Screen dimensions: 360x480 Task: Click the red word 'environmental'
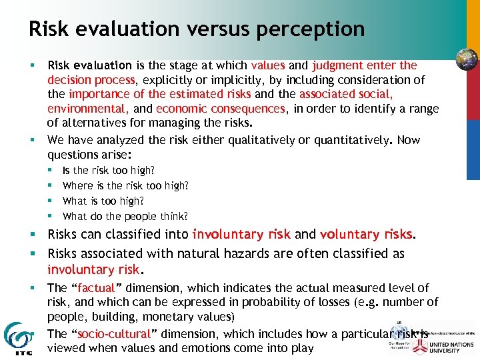pos(88,109)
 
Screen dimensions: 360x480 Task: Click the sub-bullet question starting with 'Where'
pos(125,185)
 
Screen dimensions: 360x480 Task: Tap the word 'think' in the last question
pos(175,216)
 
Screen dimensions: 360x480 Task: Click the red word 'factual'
pos(96,288)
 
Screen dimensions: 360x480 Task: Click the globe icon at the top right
pos(467,59)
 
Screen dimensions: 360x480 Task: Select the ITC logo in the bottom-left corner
pos(16,339)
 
